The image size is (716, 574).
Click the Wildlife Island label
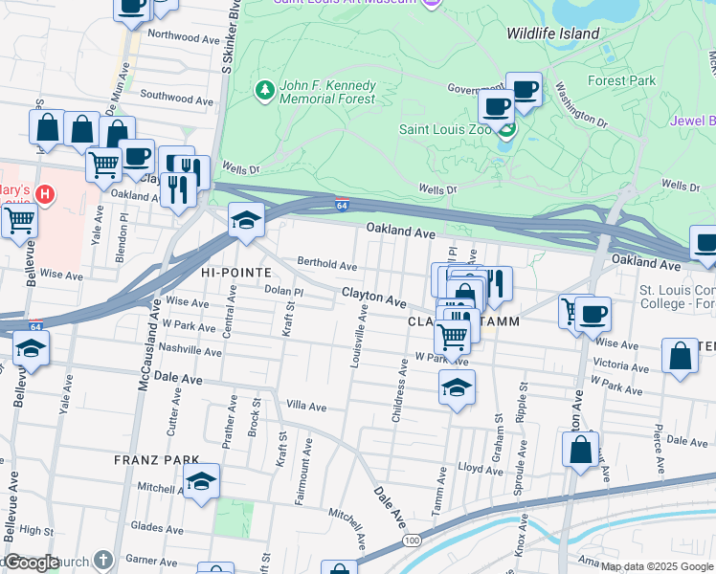coord(553,33)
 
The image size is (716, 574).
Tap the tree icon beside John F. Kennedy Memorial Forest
coord(264,90)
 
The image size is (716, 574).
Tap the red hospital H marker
coord(43,195)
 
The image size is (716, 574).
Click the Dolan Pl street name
coord(283,290)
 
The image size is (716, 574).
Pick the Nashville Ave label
coord(190,351)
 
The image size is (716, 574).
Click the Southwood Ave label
coord(176,98)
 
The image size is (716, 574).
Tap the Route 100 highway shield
coord(412,541)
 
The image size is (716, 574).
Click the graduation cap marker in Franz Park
coord(202,482)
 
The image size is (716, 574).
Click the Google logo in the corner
coord(31,563)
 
